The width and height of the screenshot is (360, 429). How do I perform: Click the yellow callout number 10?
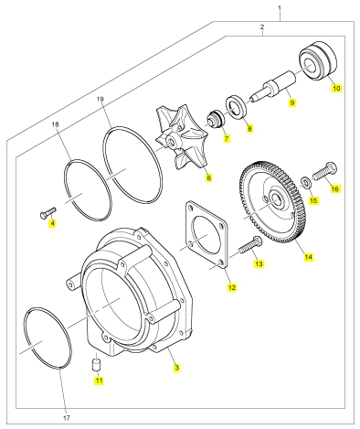(x=336, y=88)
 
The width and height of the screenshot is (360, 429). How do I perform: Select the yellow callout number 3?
(x=176, y=368)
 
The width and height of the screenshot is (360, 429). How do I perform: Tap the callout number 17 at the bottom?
(x=67, y=418)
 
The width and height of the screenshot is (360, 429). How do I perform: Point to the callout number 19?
(x=101, y=99)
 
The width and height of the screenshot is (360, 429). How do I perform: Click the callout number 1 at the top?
(x=280, y=7)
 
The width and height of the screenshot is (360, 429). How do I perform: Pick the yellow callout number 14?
(x=308, y=257)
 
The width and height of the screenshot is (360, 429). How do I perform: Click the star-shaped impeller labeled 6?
(x=181, y=139)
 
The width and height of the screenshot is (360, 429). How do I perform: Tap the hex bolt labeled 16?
(x=325, y=171)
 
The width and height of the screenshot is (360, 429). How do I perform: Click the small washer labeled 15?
(x=305, y=182)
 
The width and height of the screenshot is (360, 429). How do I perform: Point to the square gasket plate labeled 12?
(x=206, y=234)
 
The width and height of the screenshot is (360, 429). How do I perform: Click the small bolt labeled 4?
(x=48, y=212)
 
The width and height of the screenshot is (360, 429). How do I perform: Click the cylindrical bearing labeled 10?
(x=318, y=64)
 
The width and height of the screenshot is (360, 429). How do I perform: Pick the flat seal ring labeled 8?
(x=236, y=107)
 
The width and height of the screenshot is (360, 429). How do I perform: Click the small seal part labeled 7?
(x=216, y=118)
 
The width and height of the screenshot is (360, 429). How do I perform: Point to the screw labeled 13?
(x=250, y=245)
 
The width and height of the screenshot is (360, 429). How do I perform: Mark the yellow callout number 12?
(x=232, y=287)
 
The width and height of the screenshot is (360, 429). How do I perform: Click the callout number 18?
(x=55, y=124)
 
